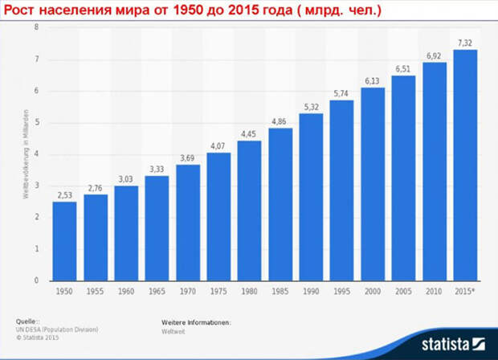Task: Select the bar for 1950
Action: click(x=65, y=241)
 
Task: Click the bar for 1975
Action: click(x=218, y=217)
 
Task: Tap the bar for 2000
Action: click(x=373, y=184)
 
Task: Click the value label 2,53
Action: click(x=65, y=194)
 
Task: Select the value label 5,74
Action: click(x=342, y=93)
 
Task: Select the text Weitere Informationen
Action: click(x=196, y=321)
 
